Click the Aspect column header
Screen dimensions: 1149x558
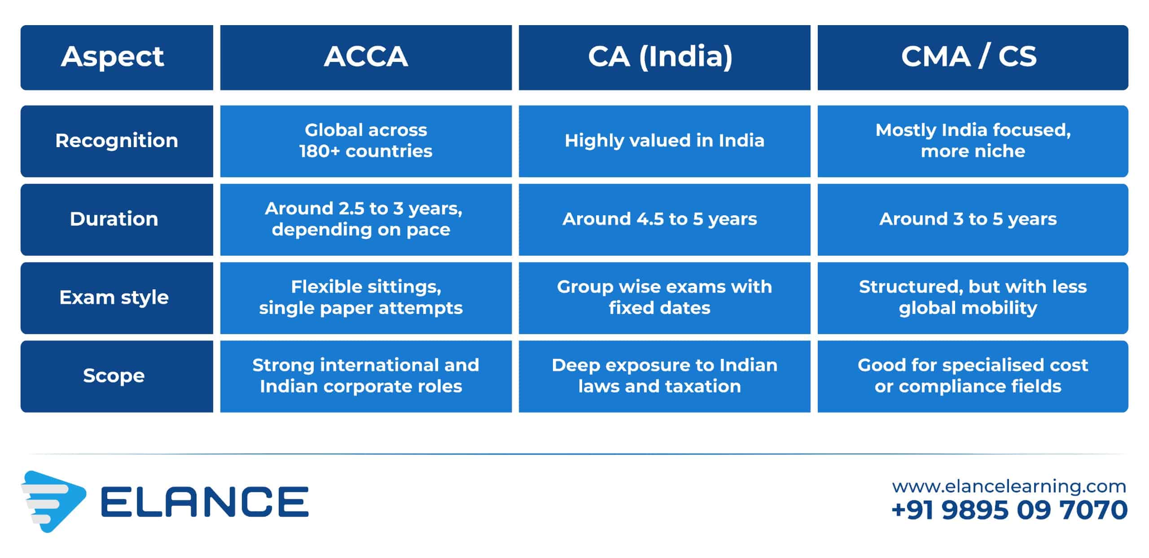pyautogui.click(x=117, y=57)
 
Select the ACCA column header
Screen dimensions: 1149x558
pyautogui.click(x=366, y=57)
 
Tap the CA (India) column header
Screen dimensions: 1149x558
pyautogui.click(x=664, y=57)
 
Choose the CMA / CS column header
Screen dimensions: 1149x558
pyautogui.click(x=973, y=57)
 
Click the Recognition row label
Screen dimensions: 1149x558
pyautogui.click(x=117, y=141)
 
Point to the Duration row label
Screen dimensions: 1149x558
pyautogui.click(x=117, y=219)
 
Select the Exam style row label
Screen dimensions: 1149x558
pyautogui.click(x=117, y=298)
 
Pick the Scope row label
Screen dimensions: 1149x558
pyautogui.click(x=117, y=376)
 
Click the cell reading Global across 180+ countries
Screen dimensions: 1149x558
pyautogui.click(x=366, y=141)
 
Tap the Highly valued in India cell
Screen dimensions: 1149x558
pyautogui.click(x=664, y=141)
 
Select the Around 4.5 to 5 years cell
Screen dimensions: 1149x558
pyautogui.click(x=664, y=219)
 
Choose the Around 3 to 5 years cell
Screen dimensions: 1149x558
pyautogui.click(x=973, y=219)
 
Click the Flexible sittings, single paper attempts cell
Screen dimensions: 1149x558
pyautogui.click(x=366, y=298)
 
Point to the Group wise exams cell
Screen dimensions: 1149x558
pyautogui.click(x=664, y=298)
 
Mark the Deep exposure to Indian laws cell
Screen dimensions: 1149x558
pyautogui.click(x=664, y=376)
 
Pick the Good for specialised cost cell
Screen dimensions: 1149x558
pyautogui.click(x=973, y=376)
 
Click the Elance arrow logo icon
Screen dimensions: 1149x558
pyautogui.click(x=53, y=501)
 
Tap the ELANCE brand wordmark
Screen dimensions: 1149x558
pyautogui.click(x=205, y=502)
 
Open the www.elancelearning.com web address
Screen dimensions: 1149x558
pyautogui.click(x=1009, y=486)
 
